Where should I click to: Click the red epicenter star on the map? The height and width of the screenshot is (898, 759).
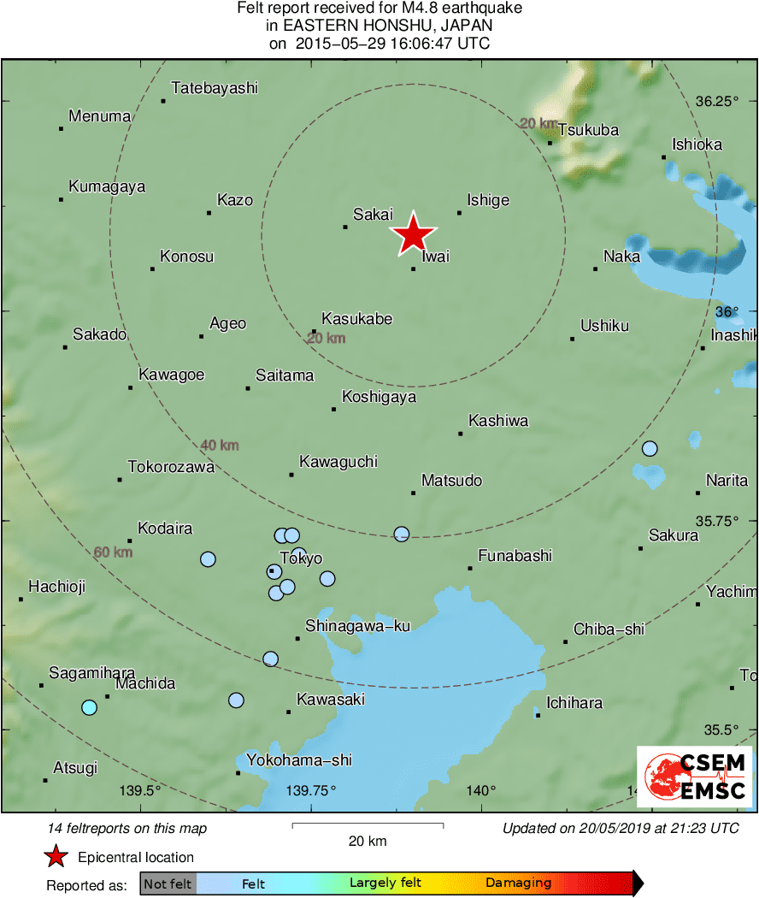pyautogui.click(x=414, y=234)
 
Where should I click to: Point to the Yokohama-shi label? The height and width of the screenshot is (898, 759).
pyautogui.click(x=299, y=760)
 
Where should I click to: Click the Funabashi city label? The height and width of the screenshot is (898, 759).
pyautogui.click(x=515, y=556)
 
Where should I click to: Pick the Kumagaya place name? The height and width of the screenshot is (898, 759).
pyautogui.click(x=107, y=186)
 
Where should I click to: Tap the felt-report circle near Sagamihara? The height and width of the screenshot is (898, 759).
pyautogui.click(x=89, y=707)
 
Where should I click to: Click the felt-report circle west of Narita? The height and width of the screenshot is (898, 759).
pyautogui.click(x=650, y=449)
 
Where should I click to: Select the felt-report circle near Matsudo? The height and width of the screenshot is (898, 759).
pyautogui.click(x=402, y=534)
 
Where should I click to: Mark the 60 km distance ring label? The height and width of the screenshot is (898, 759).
pyautogui.click(x=113, y=552)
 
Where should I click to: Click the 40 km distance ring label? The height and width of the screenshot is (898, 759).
pyautogui.click(x=220, y=446)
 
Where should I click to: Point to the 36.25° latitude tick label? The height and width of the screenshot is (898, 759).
pyautogui.click(x=716, y=101)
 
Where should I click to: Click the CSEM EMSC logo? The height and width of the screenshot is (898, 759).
pyautogui.click(x=694, y=777)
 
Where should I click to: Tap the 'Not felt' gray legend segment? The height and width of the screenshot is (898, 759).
pyautogui.click(x=168, y=883)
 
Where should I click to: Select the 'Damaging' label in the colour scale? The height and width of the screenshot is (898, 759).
pyautogui.click(x=519, y=883)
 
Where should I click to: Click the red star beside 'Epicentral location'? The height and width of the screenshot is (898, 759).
pyautogui.click(x=56, y=857)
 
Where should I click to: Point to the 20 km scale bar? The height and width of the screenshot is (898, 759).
pyautogui.click(x=368, y=824)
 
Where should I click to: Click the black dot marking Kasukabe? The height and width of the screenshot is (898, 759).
pyautogui.click(x=314, y=332)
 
